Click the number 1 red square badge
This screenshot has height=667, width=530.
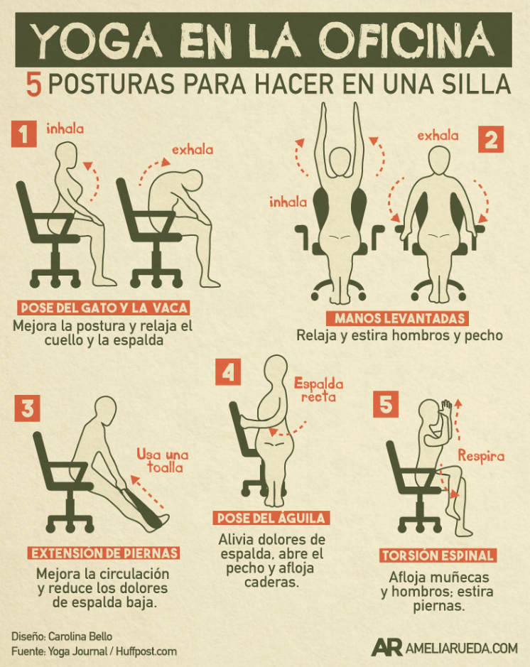point(24,134)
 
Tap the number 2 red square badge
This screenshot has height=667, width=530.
point(491,139)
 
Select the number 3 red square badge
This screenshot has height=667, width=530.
point(27,408)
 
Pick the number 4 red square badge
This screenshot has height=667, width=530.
point(228,372)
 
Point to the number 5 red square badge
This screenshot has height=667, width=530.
point(386,404)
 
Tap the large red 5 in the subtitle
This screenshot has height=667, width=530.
point(33,85)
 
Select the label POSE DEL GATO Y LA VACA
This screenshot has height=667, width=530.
point(104,308)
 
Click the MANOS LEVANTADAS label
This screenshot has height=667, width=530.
point(398,318)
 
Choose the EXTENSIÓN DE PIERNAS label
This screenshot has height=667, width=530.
point(104,553)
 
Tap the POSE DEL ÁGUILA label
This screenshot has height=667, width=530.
point(271,518)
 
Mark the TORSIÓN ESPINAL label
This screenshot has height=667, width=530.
point(438,555)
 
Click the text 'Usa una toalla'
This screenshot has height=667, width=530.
point(163,461)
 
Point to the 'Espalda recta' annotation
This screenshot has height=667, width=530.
point(318,390)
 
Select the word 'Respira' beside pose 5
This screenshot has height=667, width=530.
point(481,456)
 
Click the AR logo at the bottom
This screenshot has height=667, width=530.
point(386,647)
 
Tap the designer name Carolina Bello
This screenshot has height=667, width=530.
point(80,636)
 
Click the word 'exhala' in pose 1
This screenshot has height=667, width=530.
point(193,149)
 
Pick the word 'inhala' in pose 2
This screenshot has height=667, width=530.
point(288,202)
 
